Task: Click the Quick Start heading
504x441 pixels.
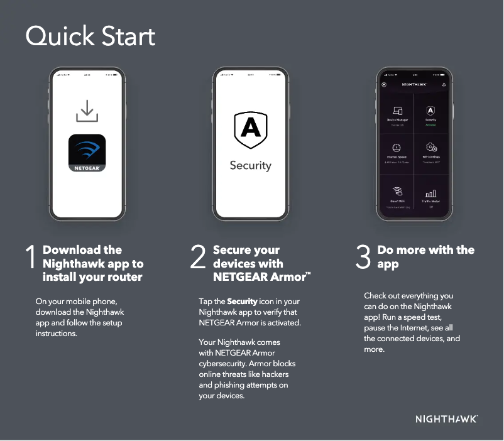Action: click(90, 36)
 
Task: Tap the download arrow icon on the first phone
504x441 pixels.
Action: click(87, 111)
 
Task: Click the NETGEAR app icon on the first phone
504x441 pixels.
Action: click(87, 153)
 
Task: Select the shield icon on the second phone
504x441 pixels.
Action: click(250, 129)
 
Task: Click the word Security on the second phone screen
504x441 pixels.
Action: click(250, 166)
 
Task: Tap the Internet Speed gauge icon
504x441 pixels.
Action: click(397, 148)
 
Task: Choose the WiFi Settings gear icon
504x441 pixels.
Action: click(431, 148)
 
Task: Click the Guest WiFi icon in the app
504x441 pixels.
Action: click(397, 192)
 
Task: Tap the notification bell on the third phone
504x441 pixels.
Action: click(444, 84)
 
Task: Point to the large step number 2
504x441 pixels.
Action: click(198, 259)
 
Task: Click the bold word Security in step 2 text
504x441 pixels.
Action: click(242, 302)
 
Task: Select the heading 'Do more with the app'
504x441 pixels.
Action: click(425, 257)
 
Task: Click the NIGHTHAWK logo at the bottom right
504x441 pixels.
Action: click(446, 419)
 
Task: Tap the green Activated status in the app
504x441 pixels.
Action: click(431, 124)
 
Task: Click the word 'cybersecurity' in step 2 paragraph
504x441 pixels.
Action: click(224, 364)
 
